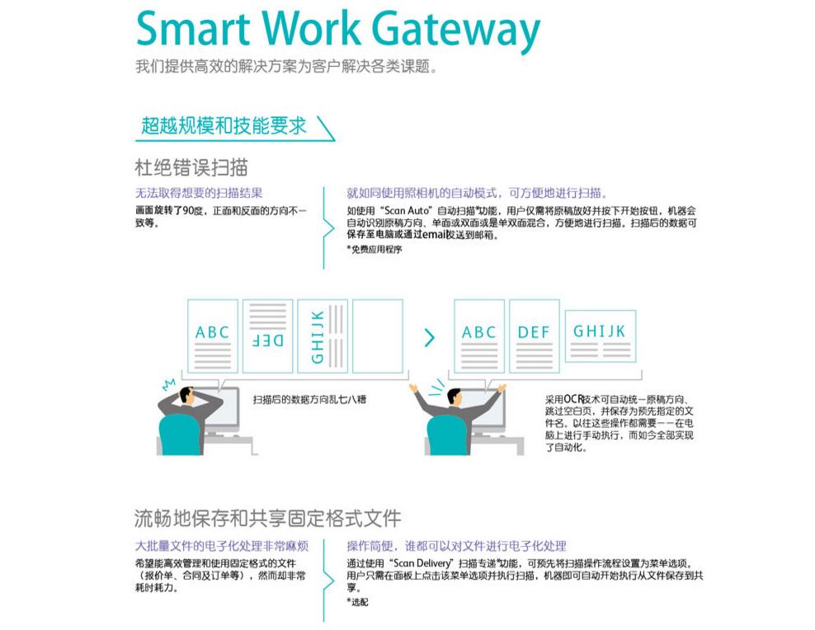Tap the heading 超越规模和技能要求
224,126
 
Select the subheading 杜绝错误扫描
191,167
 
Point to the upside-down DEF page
266,336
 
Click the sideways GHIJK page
322,336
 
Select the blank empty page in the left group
378,336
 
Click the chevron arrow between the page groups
429,337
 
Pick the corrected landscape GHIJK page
599,336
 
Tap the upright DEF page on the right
534,336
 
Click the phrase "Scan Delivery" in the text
422,563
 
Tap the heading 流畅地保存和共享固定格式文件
268,519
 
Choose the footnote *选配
357,602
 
